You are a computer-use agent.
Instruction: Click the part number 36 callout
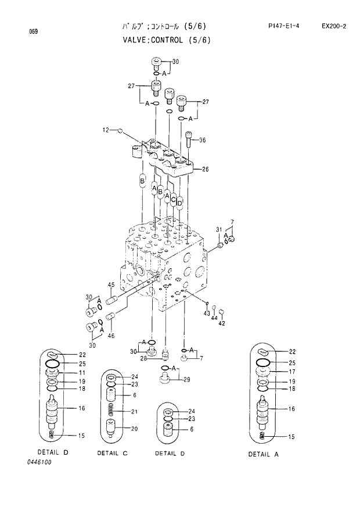tap(203, 140)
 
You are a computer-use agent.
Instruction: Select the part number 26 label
tap(206, 170)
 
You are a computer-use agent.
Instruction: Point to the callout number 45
tap(110, 284)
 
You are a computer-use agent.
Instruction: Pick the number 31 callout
tap(219, 230)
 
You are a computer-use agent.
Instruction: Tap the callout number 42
tap(222, 323)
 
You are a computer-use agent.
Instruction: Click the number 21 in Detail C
tap(134, 412)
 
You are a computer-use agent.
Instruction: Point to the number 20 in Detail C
tap(134, 429)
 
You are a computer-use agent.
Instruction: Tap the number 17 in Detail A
tap(292, 372)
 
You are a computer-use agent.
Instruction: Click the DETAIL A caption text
tap(264, 454)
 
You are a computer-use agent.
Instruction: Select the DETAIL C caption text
tap(113, 453)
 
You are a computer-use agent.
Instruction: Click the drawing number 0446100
tap(39, 462)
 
